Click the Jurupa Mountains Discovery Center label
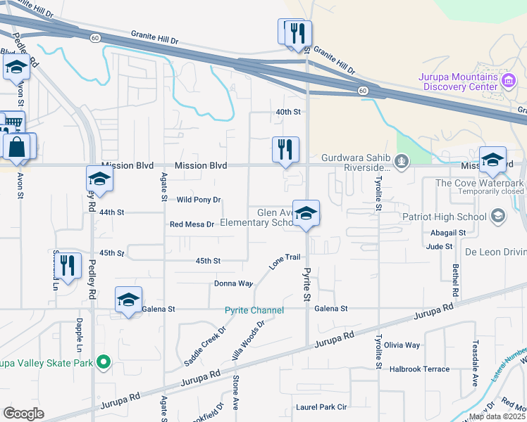click(x=459, y=81)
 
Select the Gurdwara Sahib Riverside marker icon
click(x=402, y=162)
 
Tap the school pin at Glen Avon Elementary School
click(x=306, y=214)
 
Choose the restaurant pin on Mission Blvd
click(x=285, y=151)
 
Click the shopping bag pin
click(x=16, y=148)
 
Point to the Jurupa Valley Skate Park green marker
click(x=104, y=363)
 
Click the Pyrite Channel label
click(x=254, y=310)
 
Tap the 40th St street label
click(x=288, y=112)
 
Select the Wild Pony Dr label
click(x=199, y=200)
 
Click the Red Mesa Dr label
click(x=192, y=224)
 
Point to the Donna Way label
click(x=233, y=283)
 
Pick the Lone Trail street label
click(x=285, y=262)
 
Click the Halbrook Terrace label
click(x=419, y=369)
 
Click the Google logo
click(x=23, y=413)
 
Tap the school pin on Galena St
click(x=128, y=300)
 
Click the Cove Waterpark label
click(x=479, y=183)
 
